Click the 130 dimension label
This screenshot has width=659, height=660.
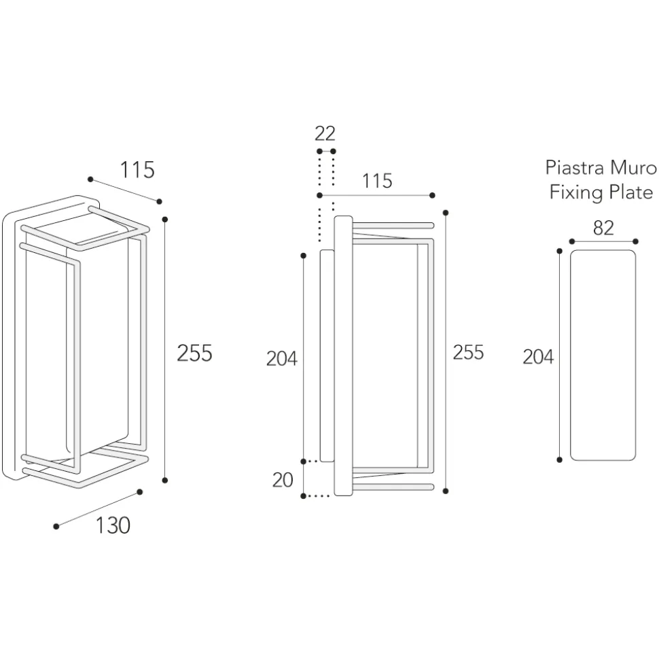(113, 525)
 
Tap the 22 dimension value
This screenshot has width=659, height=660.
(325, 133)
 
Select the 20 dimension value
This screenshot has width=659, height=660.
(283, 479)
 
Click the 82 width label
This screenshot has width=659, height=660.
(603, 228)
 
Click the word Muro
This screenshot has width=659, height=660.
(633, 167)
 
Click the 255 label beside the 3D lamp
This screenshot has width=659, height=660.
(194, 353)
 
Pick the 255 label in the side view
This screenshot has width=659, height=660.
(468, 352)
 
